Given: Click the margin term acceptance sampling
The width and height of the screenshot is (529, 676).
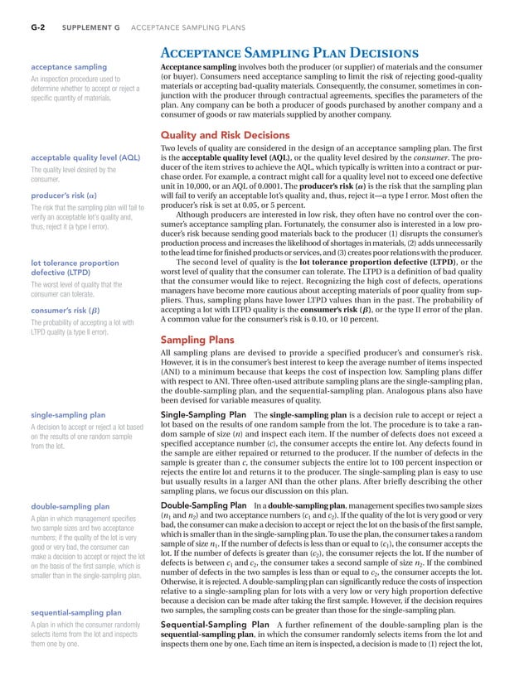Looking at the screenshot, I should [x=66, y=66].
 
